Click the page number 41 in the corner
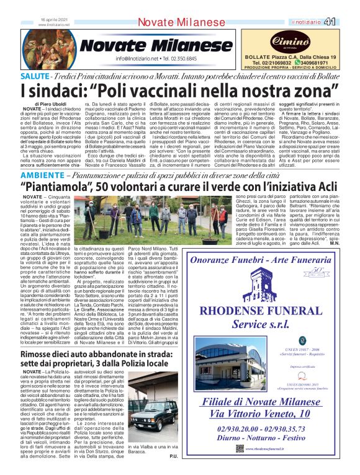(347, 22)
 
